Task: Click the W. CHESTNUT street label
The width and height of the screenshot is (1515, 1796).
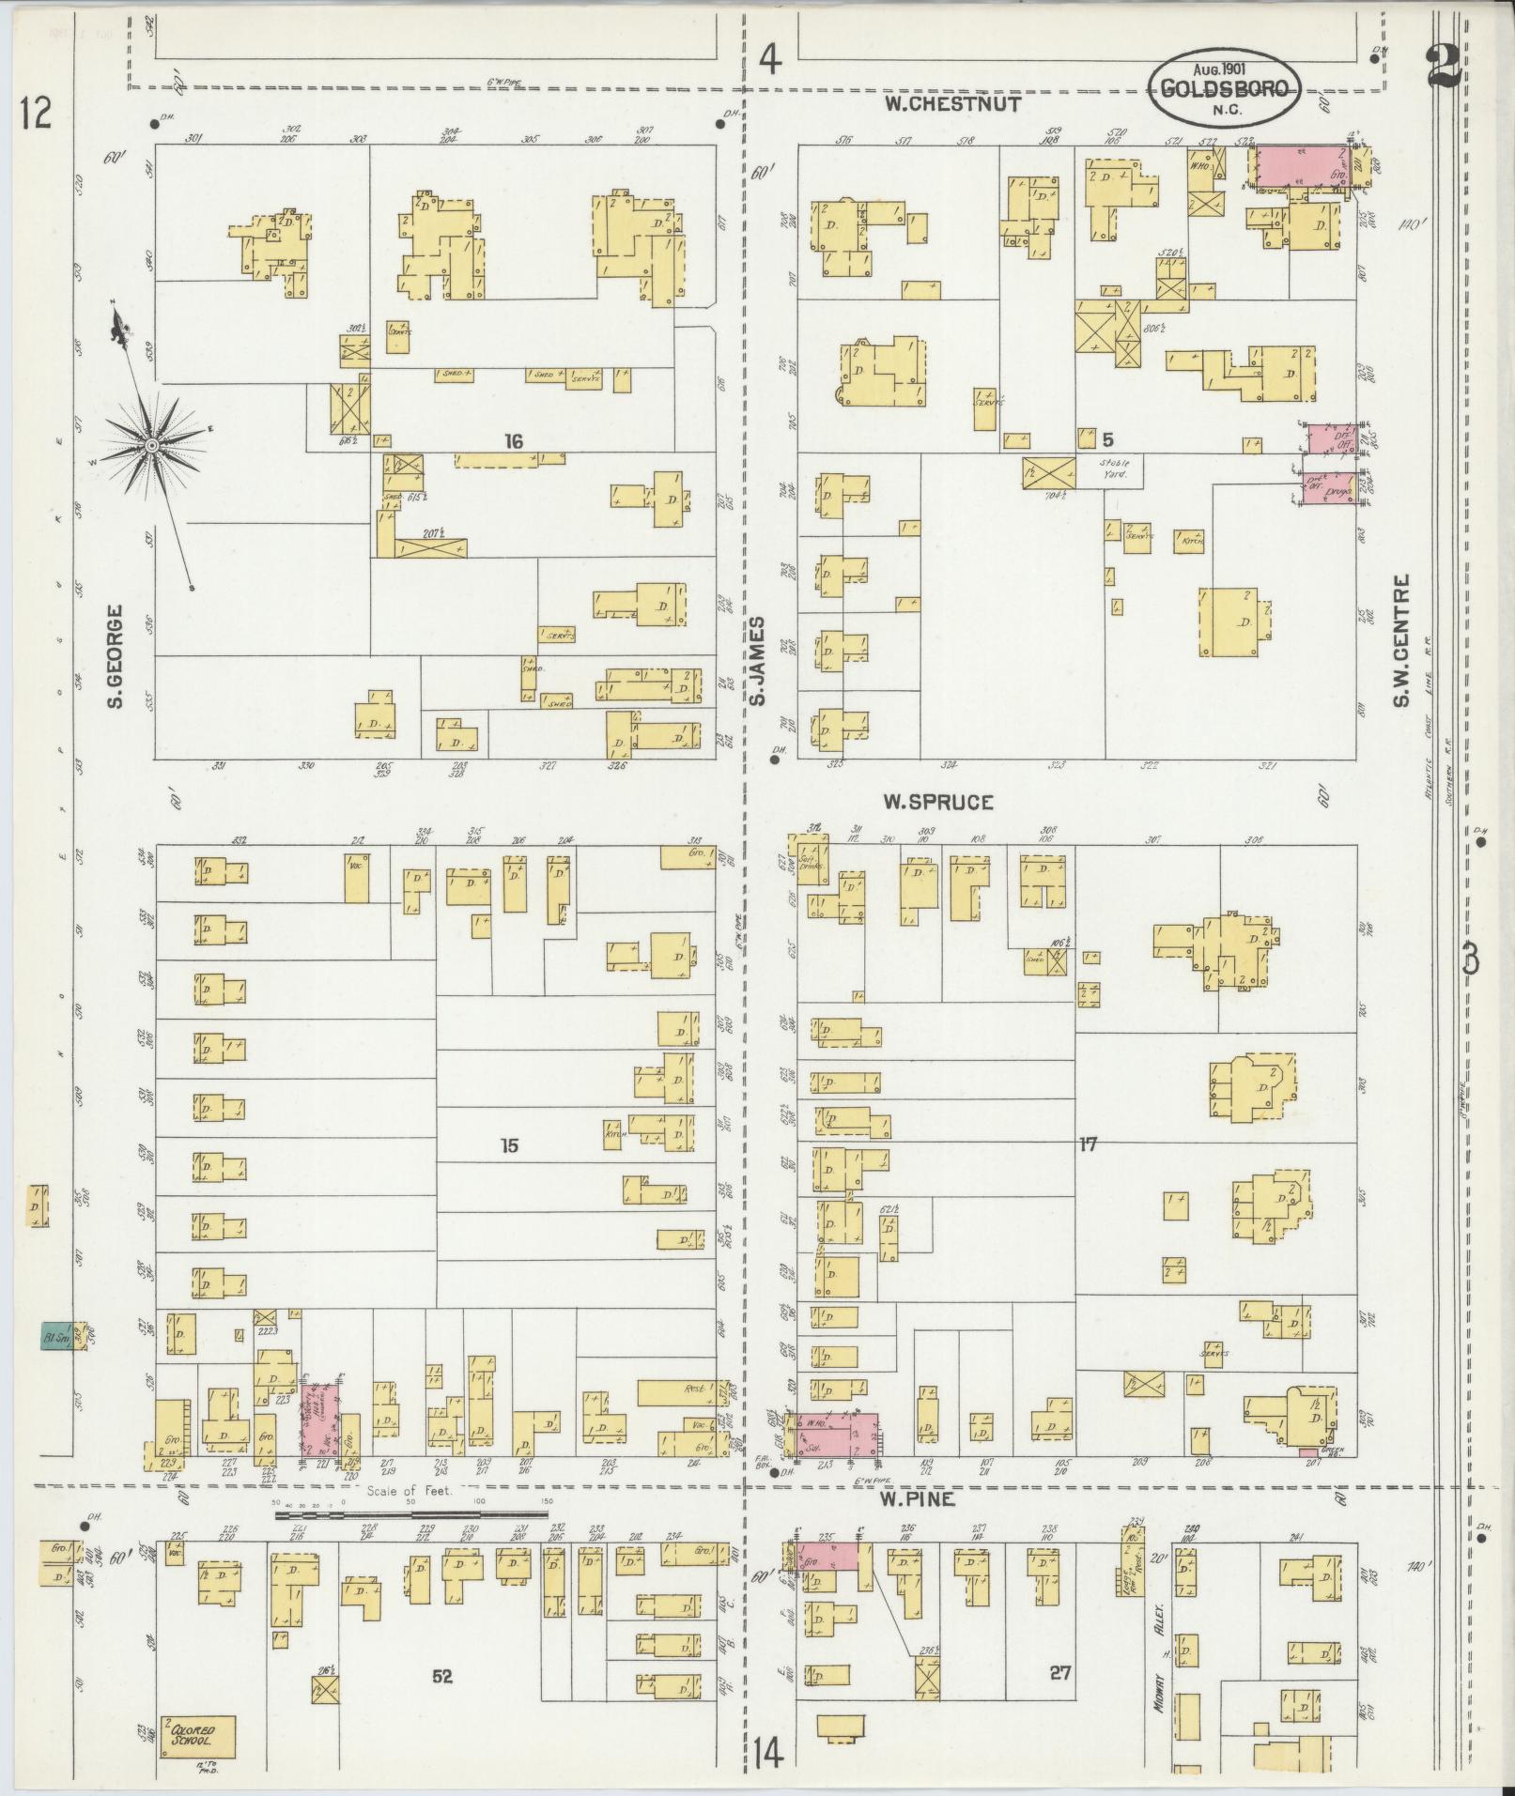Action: [x=952, y=103]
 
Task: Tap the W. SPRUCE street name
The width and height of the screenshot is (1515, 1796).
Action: [x=937, y=802]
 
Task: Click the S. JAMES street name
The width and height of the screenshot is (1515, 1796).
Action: [x=757, y=660]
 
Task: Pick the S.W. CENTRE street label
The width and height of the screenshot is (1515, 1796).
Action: [x=1401, y=641]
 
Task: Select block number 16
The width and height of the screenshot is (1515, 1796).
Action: [x=512, y=441]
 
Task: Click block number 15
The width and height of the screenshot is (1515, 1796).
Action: [x=509, y=1145]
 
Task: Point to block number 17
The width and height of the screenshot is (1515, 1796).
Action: [x=1088, y=1144]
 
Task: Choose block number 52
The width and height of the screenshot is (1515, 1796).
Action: [x=441, y=1673]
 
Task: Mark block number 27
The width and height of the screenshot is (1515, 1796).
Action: [x=1060, y=1671]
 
